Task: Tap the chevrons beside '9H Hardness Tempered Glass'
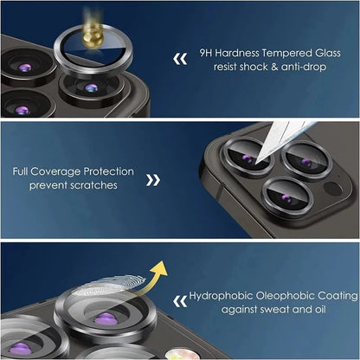coord(181,60)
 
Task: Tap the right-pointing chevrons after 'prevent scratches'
coord(153,179)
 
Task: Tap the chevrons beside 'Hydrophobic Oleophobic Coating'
coord(180,301)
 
